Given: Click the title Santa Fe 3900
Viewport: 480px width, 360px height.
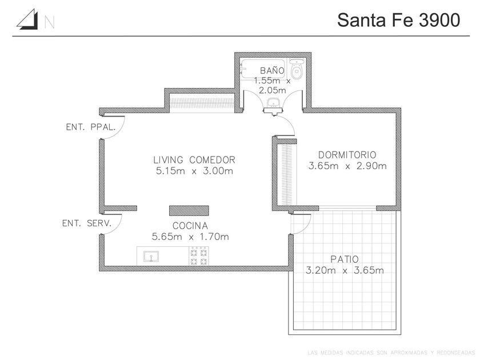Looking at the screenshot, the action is click(x=398, y=20).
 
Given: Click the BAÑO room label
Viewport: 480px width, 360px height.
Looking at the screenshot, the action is click(x=273, y=70).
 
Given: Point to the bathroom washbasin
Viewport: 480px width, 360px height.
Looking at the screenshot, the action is click(x=273, y=103).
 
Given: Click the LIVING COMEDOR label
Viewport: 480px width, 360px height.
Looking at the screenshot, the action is click(x=194, y=160).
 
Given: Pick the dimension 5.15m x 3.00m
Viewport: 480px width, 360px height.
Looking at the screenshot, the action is click(x=194, y=171).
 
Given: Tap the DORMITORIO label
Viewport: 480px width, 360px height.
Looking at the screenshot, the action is click(x=347, y=155).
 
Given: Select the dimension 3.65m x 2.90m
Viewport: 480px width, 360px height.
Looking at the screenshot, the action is click(x=347, y=166).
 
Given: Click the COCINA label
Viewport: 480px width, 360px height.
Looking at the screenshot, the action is click(x=190, y=225).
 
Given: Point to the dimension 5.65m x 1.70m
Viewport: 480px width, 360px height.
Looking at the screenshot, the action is click(x=190, y=237).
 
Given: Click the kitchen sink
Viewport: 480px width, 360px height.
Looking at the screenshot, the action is click(x=151, y=256).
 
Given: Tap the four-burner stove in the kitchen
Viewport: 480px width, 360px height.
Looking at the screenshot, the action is click(x=198, y=255).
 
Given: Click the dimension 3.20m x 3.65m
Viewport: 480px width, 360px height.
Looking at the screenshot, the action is click(x=345, y=270).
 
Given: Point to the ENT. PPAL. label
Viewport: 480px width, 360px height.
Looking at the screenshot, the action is click(x=91, y=128).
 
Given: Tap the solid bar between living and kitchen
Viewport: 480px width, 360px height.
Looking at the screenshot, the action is click(x=189, y=209).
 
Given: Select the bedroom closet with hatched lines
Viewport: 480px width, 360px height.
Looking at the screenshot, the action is click(x=284, y=171).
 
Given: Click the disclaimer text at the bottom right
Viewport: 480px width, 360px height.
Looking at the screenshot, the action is click(x=391, y=351).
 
